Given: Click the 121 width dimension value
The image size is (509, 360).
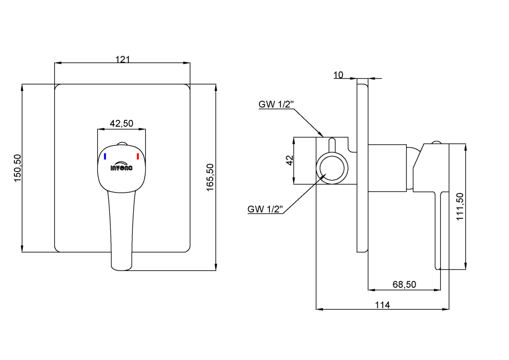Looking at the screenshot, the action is [122, 59].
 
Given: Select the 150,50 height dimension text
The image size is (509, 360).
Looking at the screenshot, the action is [17, 168].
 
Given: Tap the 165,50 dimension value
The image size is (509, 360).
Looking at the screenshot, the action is [210, 177].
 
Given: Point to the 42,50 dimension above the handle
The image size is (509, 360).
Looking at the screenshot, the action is [121, 123].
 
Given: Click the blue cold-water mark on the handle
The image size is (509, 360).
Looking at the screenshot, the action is [105, 157].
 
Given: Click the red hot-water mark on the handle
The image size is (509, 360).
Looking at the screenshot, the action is [138, 157].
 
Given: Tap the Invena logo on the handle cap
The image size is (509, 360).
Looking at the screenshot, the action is [121, 166].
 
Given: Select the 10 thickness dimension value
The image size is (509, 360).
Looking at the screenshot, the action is [338, 75].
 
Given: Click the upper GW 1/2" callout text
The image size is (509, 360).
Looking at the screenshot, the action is [276, 104].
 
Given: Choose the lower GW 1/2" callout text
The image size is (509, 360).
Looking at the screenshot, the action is [265, 209].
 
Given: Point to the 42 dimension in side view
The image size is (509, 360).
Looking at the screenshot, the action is [289, 160].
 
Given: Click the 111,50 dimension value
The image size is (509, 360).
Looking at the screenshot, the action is [460, 206].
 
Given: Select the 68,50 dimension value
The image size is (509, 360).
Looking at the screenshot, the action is [404, 284].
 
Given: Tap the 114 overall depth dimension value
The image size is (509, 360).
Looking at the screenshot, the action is [382, 305].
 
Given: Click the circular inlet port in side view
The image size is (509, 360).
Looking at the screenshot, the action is [332, 156].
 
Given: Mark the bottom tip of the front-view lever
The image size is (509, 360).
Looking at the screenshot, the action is [121, 270].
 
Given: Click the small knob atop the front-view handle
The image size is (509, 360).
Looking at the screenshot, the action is [122, 144].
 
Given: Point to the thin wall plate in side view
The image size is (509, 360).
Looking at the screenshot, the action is [362, 165].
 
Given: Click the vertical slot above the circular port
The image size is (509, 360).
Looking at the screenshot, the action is [332, 145].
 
